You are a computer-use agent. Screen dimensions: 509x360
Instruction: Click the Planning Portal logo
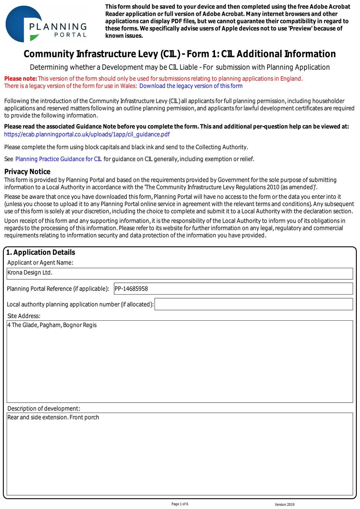tap(46, 24)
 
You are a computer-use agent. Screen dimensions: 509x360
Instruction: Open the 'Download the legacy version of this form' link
tap(191, 86)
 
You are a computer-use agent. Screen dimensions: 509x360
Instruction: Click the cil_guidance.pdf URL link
tap(87, 134)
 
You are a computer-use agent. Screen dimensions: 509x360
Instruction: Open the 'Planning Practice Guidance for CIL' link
tap(59, 159)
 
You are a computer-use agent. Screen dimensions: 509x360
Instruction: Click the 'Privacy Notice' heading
tap(27, 172)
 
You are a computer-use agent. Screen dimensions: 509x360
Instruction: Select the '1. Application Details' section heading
tap(41, 252)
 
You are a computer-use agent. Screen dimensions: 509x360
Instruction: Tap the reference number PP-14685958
tap(131, 289)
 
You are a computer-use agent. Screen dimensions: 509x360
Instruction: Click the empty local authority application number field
tap(253, 304)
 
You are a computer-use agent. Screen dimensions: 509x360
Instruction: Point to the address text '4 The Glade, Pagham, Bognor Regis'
tap(52, 325)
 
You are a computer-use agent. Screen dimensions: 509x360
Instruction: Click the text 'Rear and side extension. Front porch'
tap(53, 417)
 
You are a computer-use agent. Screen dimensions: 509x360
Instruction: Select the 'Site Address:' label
tap(24, 316)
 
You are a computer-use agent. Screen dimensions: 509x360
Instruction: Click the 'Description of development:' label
tap(44, 408)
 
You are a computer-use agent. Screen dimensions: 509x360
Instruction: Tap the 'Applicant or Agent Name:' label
tap(40, 262)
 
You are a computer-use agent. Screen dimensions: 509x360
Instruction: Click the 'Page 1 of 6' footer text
tap(180, 504)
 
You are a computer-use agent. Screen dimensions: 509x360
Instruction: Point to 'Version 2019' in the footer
tap(285, 505)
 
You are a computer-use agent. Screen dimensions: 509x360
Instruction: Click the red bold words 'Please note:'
tap(21, 79)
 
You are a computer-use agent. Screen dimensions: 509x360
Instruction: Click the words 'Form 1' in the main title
tap(202, 54)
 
